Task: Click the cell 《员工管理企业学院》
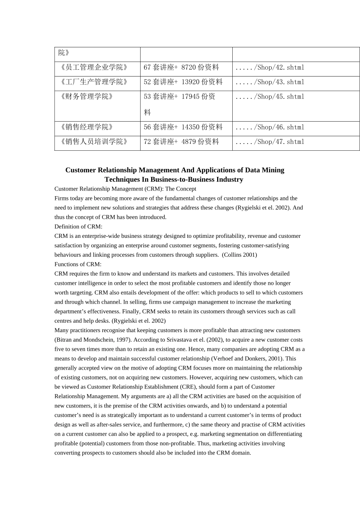94,67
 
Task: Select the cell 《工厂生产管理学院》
94,82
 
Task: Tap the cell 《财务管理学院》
87,97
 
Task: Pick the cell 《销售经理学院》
87,127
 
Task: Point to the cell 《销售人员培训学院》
94,142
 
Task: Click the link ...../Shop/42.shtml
270,68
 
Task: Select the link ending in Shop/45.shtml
270,97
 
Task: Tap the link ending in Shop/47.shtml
270,142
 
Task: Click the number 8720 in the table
188,68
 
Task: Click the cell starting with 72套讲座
182,142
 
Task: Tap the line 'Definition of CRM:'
78,226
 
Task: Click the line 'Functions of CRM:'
78,264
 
